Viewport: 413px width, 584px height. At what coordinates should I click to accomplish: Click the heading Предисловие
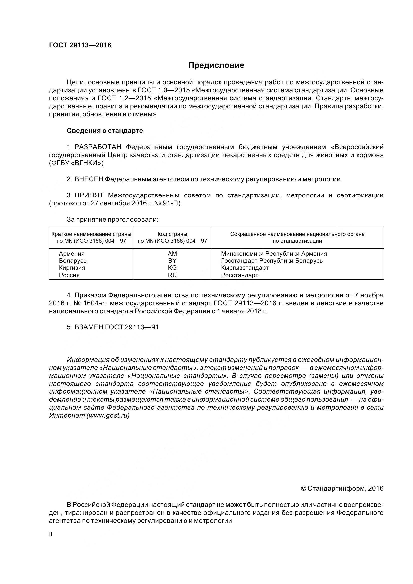(x=216, y=65)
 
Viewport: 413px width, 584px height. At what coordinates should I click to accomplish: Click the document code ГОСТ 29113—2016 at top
(x=80, y=45)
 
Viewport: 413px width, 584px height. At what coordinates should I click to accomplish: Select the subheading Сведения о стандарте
(x=105, y=131)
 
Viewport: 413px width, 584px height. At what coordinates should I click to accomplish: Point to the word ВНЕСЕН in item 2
(x=89, y=179)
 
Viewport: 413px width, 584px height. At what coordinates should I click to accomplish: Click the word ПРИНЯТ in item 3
(x=89, y=195)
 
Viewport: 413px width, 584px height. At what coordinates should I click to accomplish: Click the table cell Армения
(x=72, y=254)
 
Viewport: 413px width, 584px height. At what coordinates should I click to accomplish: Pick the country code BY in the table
(x=172, y=261)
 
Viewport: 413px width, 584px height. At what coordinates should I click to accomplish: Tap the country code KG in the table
(x=172, y=268)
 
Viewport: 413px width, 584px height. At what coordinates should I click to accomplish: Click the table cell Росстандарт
(x=239, y=275)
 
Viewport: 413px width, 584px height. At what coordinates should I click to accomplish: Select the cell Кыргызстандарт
(x=245, y=268)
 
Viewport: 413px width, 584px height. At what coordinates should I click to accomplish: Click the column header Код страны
(x=172, y=234)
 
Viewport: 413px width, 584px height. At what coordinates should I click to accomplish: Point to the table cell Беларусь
(x=73, y=261)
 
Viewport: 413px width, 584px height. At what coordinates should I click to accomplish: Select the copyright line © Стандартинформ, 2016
(x=342, y=488)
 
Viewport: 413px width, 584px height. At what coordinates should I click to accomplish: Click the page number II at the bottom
(x=51, y=534)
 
